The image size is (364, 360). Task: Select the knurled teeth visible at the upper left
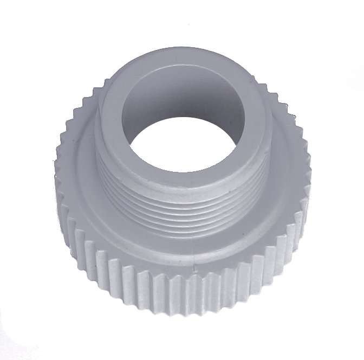[81, 108]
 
